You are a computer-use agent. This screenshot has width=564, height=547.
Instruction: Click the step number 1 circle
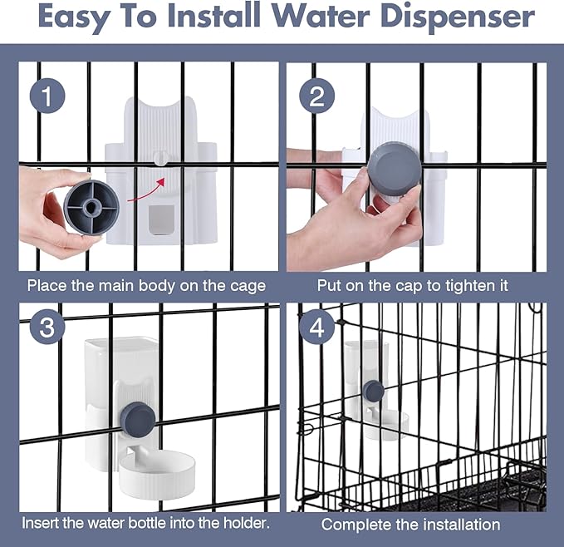tap(47, 96)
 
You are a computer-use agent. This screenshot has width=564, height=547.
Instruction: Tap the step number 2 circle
tap(316, 96)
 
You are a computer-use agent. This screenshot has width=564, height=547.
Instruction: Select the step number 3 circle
tap(47, 327)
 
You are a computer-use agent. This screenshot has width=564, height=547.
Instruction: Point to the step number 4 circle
tap(316, 327)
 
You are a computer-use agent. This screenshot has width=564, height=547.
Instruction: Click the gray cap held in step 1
tap(91, 206)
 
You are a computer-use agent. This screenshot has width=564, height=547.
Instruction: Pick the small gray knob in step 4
tap(373, 391)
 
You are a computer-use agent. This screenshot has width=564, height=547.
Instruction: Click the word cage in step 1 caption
tap(247, 286)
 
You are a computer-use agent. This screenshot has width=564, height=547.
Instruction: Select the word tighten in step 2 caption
tap(471, 286)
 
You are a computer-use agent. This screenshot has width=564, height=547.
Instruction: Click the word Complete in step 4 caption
tap(355, 525)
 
